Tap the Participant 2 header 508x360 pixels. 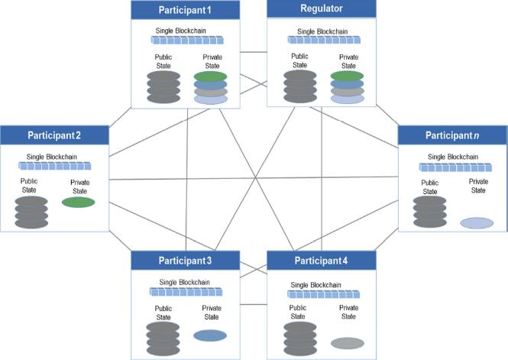click(x=54, y=135)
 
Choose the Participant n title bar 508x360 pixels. click(x=452, y=135)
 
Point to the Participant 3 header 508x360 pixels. click(x=185, y=261)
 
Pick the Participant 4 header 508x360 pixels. click(x=321, y=261)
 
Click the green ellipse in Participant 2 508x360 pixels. click(x=78, y=203)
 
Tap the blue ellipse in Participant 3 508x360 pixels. click(x=211, y=335)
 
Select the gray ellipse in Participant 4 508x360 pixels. click(x=347, y=342)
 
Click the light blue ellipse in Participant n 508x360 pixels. click(x=477, y=222)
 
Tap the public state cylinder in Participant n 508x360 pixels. click(x=429, y=212)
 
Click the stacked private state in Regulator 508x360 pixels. click(x=347, y=87)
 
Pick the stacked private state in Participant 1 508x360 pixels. click(x=211, y=87)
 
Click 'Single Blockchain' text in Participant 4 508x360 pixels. click(x=321, y=282)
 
